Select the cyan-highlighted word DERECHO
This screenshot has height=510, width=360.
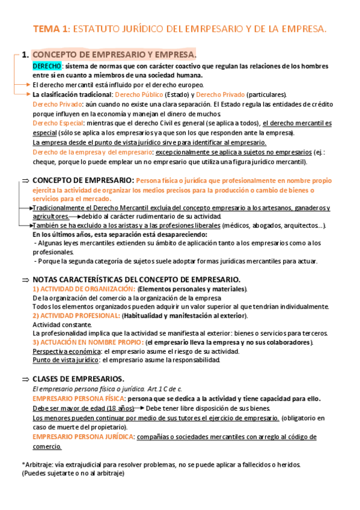coord(46,65)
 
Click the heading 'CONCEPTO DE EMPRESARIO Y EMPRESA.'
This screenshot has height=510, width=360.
coord(118,55)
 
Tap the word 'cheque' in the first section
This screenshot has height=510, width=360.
coord(43,162)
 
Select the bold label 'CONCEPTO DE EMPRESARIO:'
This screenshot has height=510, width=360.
coord(83,180)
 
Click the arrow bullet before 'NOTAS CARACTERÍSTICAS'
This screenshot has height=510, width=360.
coord(25,280)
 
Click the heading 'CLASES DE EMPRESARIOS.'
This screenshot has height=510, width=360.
coord(78,379)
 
